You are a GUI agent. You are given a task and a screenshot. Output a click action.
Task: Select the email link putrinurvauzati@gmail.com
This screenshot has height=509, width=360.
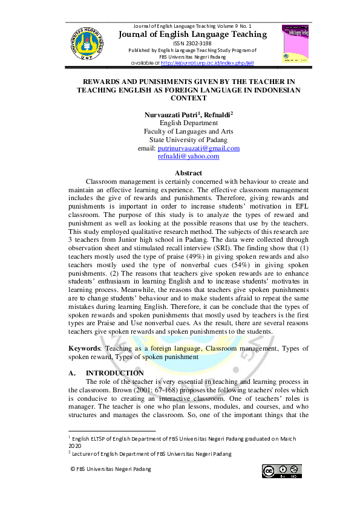(x=198, y=148)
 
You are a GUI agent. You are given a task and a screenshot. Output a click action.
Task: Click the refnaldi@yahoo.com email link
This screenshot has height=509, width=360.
(x=189, y=156)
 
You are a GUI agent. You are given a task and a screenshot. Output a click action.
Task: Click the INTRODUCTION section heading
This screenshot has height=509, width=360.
(x=116, y=373)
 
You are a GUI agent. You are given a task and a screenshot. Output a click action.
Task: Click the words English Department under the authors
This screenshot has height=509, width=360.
(x=179, y=123)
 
